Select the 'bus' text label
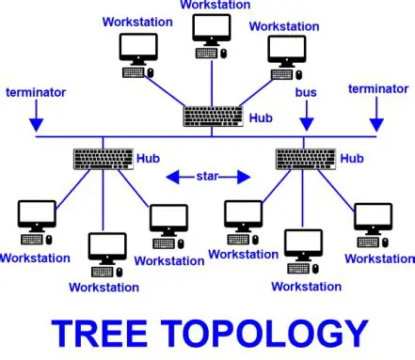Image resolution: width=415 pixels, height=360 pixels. (306, 94)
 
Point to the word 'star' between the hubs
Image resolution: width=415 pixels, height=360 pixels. (207, 176)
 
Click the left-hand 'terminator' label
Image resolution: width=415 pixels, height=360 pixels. (36, 92)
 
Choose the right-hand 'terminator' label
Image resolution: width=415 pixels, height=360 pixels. (377, 89)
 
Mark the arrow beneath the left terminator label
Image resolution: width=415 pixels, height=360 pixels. (36, 118)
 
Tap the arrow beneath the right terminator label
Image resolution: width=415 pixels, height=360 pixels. (377, 117)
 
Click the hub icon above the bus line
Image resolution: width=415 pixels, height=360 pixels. (213, 117)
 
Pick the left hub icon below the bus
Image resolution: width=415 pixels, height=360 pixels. (101, 158)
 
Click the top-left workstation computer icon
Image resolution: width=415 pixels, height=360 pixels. (139, 55)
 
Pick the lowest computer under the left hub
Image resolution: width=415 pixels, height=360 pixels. (106, 251)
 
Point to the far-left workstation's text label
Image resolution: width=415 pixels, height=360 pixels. (35, 257)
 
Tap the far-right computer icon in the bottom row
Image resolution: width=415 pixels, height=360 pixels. (373, 221)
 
